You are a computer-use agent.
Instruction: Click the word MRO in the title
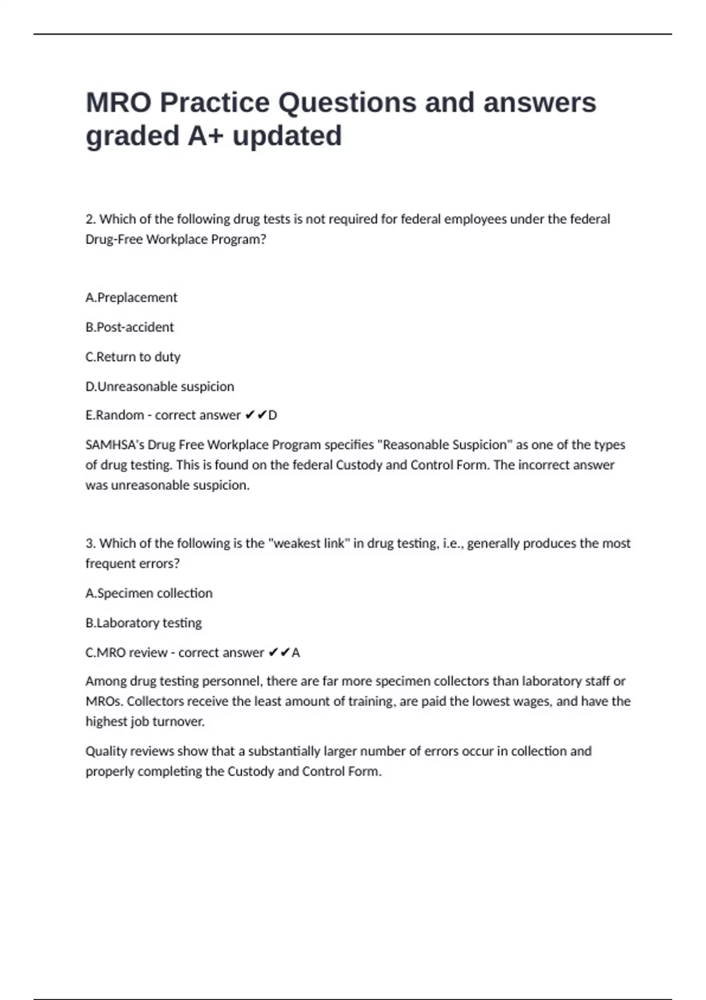click(118, 103)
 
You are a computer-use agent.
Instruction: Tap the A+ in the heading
click(206, 136)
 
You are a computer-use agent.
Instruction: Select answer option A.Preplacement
click(131, 298)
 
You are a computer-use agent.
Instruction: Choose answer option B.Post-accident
click(129, 327)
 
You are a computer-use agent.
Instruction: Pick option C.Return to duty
click(133, 357)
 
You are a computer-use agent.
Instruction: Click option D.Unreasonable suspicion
click(159, 386)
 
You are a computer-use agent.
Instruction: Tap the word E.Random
click(115, 415)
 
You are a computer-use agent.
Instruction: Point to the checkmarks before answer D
click(255, 415)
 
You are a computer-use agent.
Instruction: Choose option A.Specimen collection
click(149, 594)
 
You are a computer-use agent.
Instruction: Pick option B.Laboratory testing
click(144, 623)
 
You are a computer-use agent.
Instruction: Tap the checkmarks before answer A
click(279, 653)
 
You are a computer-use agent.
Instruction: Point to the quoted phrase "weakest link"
click(308, 544)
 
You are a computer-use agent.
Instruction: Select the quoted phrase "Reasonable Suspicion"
click(444, 445)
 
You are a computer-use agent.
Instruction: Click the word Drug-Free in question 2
click(114, 239)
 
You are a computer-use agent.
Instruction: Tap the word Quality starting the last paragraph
click(106, 751)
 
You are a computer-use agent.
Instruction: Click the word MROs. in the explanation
click(104, 702)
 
